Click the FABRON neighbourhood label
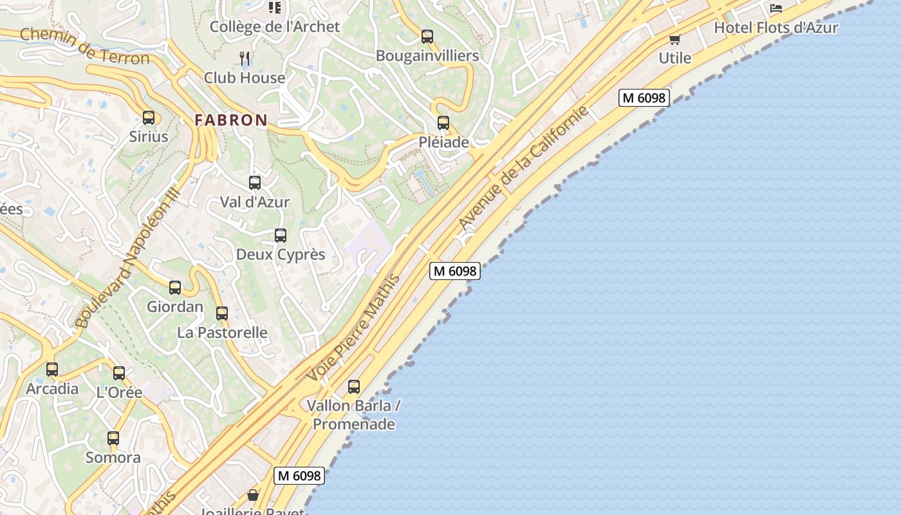[231, 120]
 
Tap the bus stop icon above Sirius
[149, 118]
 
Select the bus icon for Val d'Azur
[255, 183]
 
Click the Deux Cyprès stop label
[281, 254]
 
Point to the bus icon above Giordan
[175, 288]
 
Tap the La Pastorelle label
[222, 332]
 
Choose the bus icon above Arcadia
[52, 370]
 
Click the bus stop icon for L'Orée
[119, 373]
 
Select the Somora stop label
[113, 458]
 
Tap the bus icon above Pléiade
[443, 123]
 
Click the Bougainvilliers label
[427, 55]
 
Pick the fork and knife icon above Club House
[245, 59]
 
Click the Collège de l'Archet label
[275, 26]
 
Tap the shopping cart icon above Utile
[675, 40]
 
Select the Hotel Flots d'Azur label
[776, 28]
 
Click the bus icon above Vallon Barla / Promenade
[354, 387]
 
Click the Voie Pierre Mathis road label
[353, 328]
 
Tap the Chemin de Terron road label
[84, 46]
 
